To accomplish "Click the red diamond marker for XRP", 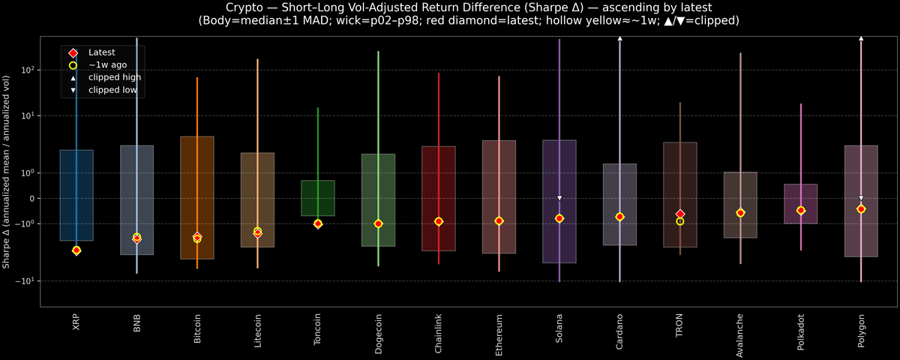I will (76, 250).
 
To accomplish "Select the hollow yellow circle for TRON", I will (680, 221).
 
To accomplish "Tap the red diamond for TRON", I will (680, 214).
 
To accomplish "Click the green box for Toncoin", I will (318, 198).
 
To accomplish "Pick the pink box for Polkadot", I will (801, 203).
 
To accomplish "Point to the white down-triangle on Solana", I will (559, 198).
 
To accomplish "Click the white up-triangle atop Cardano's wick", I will (620, 37).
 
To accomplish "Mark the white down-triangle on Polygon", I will (861, 198).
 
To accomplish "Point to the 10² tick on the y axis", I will (28, 70).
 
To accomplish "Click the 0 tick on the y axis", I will (32, 198).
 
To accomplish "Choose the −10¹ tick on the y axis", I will (27, 280).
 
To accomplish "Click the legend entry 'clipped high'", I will (114, 77).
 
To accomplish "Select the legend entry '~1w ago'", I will (107, 65).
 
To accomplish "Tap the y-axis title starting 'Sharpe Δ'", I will (6, 172).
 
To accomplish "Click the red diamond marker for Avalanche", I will (740, 213).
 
